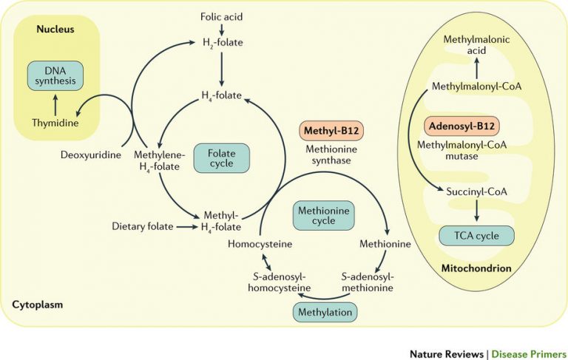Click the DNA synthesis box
(56, 75)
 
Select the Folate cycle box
(221, 157)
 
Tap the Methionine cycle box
(324, 214)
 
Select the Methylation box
(325, 312)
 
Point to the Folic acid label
(221, 16)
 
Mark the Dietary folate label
(143, 225)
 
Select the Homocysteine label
(258, 243)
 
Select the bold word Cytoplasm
(38, 304)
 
